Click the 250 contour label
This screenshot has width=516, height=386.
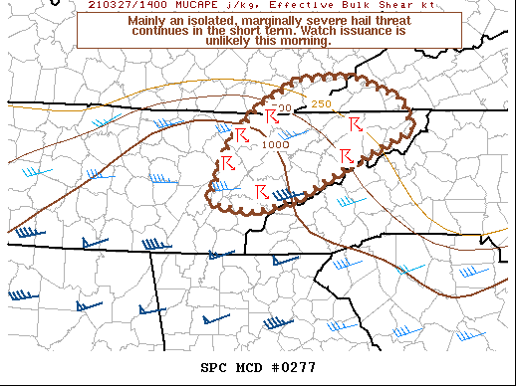pos(321,104)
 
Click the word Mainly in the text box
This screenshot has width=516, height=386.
pos(151,19)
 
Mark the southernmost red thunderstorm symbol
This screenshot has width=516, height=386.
pos(261,190)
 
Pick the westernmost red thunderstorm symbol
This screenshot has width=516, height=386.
pos(228,160)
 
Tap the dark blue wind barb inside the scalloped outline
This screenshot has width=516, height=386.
pos(287,194)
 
